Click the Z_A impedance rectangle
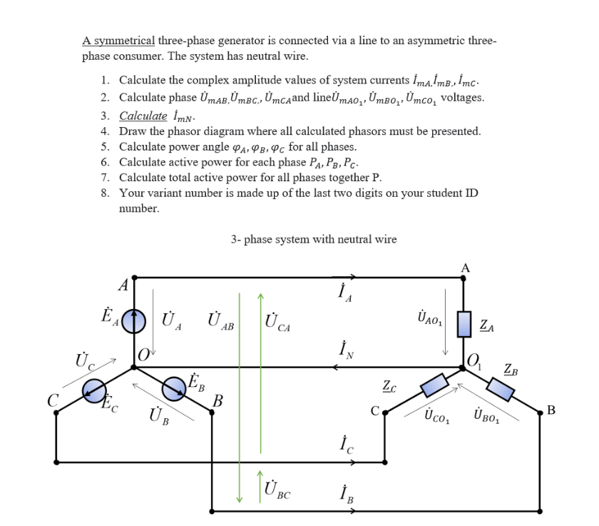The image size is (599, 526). click(x=464, y=323)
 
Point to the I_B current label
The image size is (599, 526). click(x=344, y=492)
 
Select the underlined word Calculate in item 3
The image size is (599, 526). click(x=143, y=116)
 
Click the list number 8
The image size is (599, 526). click(x=105, y=193)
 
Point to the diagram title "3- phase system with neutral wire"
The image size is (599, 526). click(x=314, y=239)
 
